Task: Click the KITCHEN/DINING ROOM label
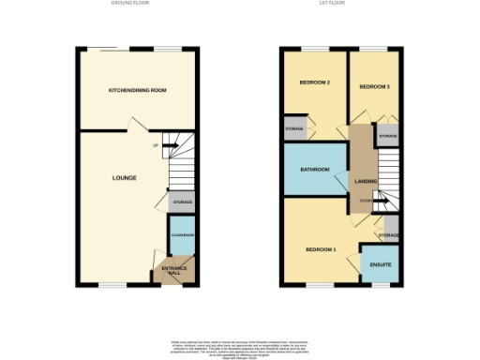[137, 90]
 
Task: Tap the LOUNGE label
[124, 177]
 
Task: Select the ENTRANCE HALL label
[174, 271]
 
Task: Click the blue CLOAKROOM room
[182, 234]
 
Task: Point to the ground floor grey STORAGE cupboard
[182, 201]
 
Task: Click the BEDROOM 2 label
[314, 82]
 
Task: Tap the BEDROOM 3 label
[374, 87]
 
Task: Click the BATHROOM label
[314, 170]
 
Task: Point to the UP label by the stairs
[154, 145]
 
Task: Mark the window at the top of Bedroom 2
[312, 48]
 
